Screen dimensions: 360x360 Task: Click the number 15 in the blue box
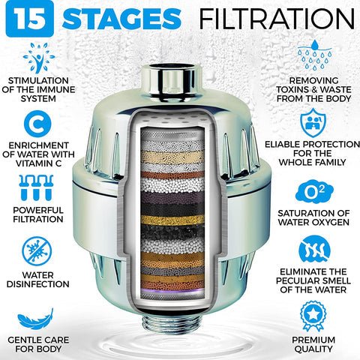29,19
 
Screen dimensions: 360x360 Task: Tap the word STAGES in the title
121,19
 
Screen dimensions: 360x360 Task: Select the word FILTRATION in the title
277,19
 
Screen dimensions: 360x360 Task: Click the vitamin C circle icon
37,124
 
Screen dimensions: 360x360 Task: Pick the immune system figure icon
39,58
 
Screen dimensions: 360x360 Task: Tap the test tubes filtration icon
36,187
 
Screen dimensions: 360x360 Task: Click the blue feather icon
35,319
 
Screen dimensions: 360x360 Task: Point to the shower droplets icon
315,54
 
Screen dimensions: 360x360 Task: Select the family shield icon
313,123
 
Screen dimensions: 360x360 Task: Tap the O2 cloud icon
314,193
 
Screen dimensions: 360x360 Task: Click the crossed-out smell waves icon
314,250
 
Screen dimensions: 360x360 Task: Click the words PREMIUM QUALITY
313,344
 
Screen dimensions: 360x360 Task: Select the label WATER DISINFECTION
37,280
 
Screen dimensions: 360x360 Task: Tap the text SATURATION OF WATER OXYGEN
313,217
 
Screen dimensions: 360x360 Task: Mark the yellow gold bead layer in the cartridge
172,220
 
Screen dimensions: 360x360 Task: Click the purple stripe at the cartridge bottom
172,289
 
